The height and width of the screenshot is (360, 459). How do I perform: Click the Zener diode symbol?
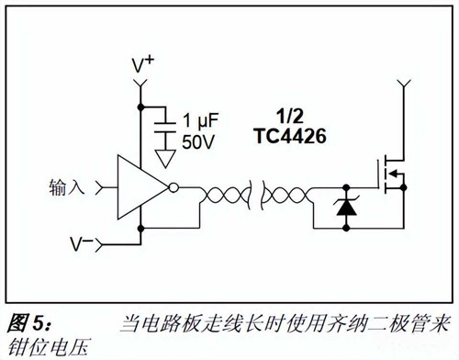345,208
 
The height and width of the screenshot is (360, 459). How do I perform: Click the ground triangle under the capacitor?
164,157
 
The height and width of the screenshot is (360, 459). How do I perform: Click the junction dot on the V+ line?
140,107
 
